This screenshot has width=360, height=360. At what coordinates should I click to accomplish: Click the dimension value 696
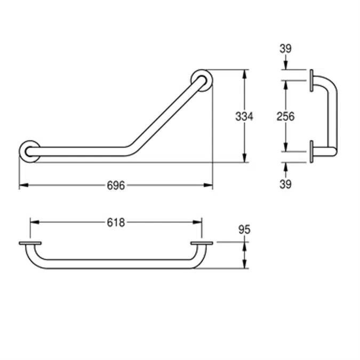click(x=116, y=186)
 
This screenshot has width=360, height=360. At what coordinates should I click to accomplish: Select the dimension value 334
click(x=244, y=116)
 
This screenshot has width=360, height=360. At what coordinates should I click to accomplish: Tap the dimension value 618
click(x=116, y=222)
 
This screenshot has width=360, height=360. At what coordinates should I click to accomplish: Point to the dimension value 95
click(x=244, y=230)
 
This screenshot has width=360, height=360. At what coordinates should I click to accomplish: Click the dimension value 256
click(x=285, y=116)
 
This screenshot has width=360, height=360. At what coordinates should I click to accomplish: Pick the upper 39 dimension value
click(x=285, y=49)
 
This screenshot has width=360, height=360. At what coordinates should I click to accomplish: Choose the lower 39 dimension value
click(x=285, y=185)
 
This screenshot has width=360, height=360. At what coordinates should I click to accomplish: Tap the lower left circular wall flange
click(x=29, y=151)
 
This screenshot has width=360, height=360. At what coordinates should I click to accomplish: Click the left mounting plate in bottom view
click(x=30, y=243)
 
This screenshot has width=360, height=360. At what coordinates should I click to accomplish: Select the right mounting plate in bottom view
click(x=202, y=243)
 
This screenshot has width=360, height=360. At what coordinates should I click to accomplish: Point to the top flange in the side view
click(x=310, y=80)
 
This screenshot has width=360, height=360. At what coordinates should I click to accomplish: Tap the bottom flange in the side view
click(x=310, y=151)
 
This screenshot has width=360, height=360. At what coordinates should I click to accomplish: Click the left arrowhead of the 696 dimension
click(x=23, y=186)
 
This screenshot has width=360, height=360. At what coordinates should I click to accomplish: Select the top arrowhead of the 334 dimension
click(x=244, y=73)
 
